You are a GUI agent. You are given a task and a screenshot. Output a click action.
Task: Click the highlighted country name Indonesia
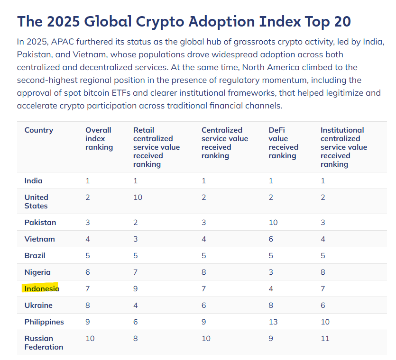pyautogui.click(x=42, y=288)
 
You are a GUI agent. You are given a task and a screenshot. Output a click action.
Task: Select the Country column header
pyautogui.click(x=39, y=130)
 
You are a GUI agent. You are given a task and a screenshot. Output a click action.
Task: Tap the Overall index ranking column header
pyautogui.click(x=99, y=138)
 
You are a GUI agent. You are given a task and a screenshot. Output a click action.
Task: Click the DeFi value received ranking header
pyautogui.click(x=283, y=143)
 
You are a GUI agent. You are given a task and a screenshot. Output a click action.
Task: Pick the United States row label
pyautogui.click(x=36, y=201)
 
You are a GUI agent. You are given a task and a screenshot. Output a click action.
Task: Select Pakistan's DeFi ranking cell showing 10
pyautogui.click(x=273, y=222)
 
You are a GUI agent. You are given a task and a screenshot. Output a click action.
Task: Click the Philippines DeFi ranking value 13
pyautogui.click(x=273, y=322)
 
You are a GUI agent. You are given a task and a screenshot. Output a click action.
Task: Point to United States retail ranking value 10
pyautogui.click(x=138, y=197)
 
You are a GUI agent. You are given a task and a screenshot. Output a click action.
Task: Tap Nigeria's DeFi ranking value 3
pyautogui.click(x=271, y=272)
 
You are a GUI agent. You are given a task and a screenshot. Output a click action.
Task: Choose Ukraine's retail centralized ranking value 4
pyautogui.click(x=136, y=305)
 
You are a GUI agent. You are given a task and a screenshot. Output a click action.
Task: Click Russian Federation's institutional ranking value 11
pyautogui.click(x=324, y=338)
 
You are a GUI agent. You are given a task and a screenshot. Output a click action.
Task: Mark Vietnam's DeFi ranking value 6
pyautogui.click(x=271, y=239)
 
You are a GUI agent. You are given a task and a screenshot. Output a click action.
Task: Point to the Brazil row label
pyautogui.click(x=35, y=255)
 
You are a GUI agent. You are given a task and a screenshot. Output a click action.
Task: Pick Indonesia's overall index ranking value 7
pyautogui.click(x=88, y=288)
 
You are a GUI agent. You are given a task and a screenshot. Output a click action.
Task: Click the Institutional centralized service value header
pyautogui.click(x=343, y=147)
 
